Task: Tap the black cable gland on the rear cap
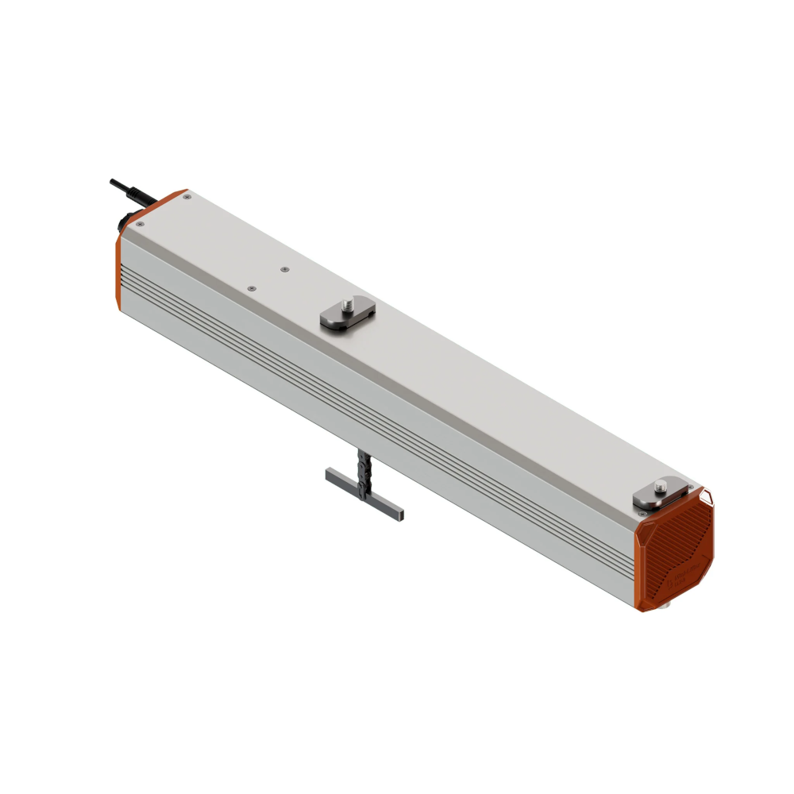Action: coord(126,220)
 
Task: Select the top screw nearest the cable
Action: coord(186,198)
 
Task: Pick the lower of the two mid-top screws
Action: coord(252,288)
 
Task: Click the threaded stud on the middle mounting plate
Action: coord(347,304)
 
